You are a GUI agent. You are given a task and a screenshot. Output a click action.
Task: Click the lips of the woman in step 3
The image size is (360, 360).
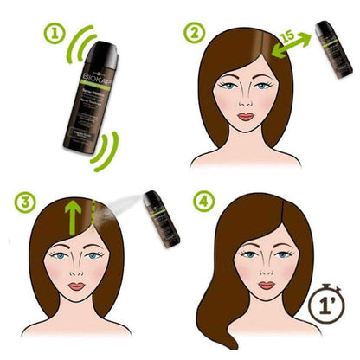pos(78,286)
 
